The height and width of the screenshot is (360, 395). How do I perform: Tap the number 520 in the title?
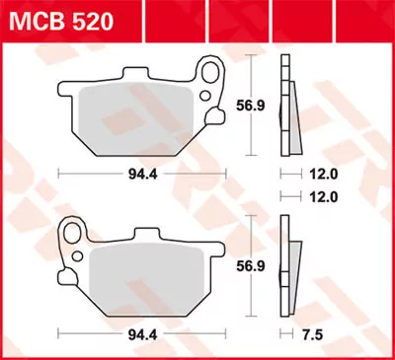point(90,20)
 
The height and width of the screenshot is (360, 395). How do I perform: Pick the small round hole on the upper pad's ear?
point(210,97)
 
